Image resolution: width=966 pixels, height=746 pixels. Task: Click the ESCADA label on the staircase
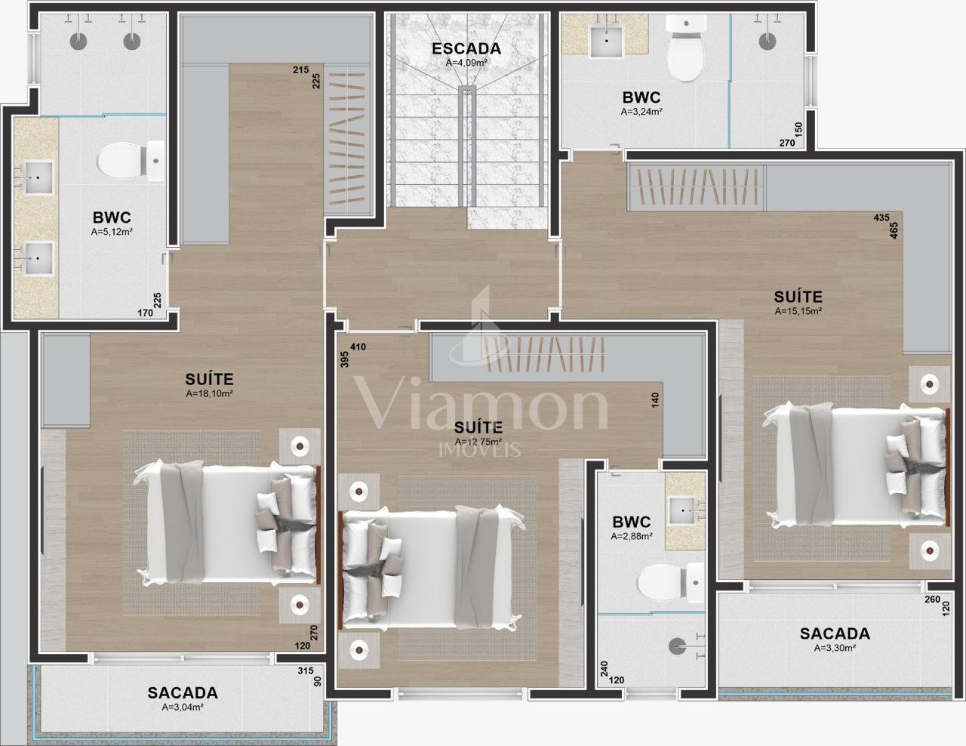click(x=466, y=48)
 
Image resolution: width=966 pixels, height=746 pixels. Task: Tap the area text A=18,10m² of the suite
click(x=209, y=393)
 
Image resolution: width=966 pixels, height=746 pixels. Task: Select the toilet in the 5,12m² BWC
click(x=131, y=161)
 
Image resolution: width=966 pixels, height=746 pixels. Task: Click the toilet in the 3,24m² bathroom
click(x=687, y=48)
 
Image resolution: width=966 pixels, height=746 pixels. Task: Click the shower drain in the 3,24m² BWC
click(x=768, y=42)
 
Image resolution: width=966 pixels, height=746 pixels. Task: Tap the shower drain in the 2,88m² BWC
click(x=678, y=646)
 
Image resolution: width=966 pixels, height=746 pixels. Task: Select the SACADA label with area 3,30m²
click(x=835, y=633)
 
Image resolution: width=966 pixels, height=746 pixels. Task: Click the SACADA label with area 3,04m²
click(x=183, y=692)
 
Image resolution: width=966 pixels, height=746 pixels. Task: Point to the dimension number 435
click(x=881, y=217)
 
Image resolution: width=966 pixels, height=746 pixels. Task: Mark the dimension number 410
click(x=358, y=347)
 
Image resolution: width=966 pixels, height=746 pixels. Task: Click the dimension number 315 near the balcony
click(x=306, y=670)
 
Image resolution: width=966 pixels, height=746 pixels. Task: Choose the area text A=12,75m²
click(x=478, y=442)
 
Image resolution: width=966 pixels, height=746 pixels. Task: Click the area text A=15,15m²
click(x=798, y=311)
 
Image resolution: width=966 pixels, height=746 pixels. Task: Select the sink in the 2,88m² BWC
click(x=682, y=510)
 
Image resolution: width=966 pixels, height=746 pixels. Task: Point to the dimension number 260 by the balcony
click(x=932, y=600)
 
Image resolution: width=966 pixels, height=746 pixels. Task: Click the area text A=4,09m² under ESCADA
click(x=466, y=63)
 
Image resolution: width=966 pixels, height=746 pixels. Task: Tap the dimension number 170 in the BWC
click(x=145, y=313)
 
